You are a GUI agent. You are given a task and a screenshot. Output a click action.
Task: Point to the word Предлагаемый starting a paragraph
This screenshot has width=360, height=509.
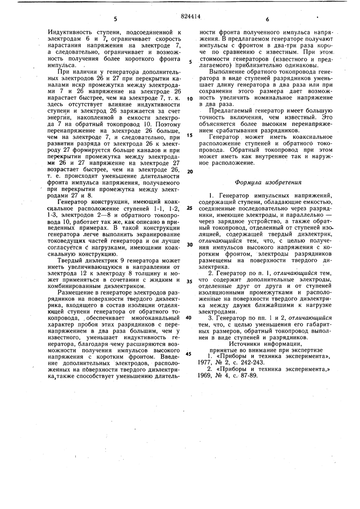click(232, 112)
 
